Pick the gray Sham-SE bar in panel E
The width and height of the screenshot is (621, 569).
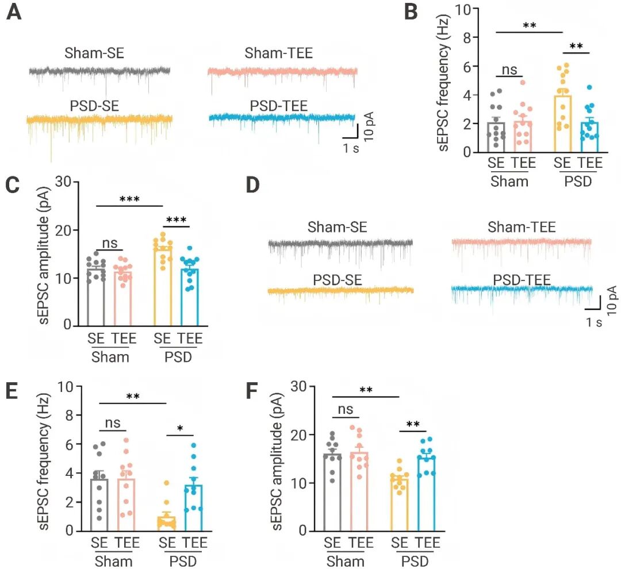click(99, 505)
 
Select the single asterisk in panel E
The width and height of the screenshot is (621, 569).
click(182, 430)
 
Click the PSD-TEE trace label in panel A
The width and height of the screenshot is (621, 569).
click(279, 105)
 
